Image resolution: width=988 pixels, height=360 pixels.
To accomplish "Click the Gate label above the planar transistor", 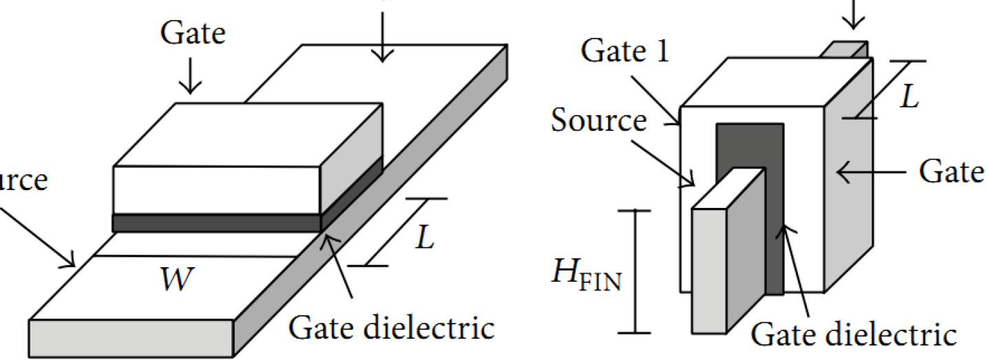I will coord(192,34).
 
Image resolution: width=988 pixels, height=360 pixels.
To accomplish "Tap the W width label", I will coord(175,282).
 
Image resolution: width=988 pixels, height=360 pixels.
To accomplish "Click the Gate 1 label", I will coord(624,52).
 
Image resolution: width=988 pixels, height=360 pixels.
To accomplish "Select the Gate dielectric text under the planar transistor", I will coord(391,328).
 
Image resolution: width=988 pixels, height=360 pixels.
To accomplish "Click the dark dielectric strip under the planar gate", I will coord(216,223).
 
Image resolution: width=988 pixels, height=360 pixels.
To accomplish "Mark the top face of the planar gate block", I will coord(248,134).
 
